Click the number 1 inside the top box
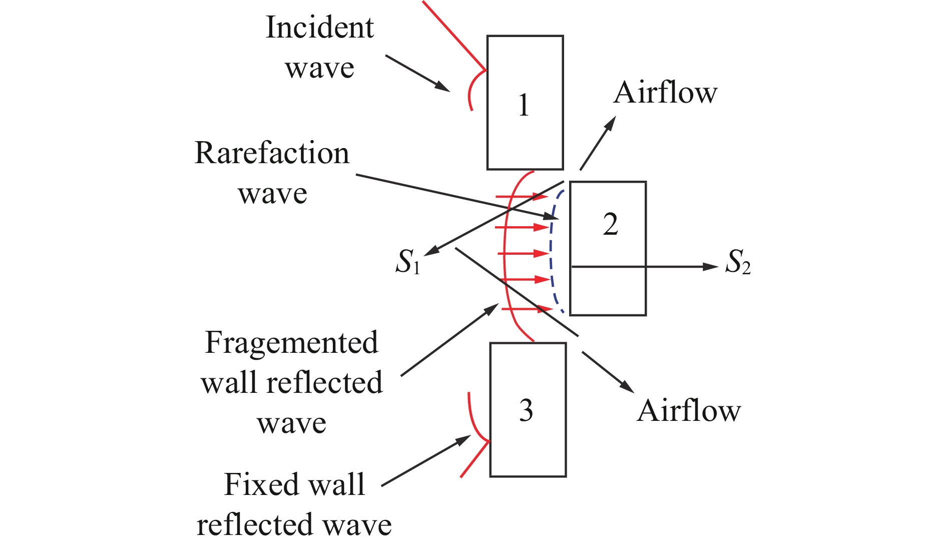(x=524, y=105)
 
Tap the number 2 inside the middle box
(x=610, y=224)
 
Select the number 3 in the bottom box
(x=526, y=410)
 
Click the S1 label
(x=407, y=262)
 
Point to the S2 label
(x=738, y=262)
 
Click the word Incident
(x=319, y=28)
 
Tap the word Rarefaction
(x=272, y=153)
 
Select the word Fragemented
(x=291, y=343)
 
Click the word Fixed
(x=260, y=484)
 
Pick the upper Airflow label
(x=665, y=93)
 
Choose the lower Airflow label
(x=689, y=411)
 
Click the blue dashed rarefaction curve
(x=551, y=250)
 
